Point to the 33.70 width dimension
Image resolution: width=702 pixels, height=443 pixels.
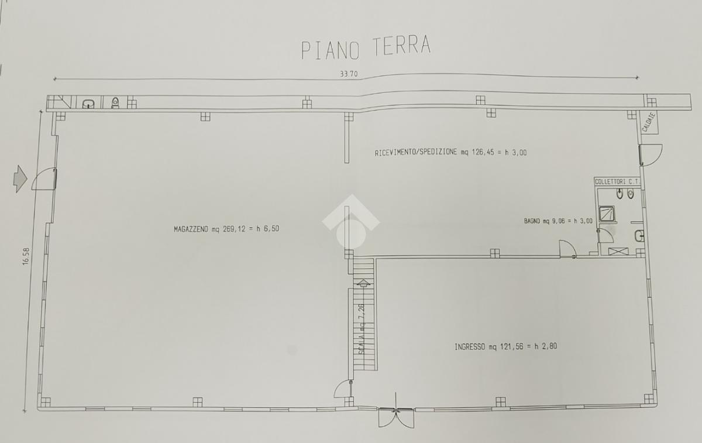coord(349,74)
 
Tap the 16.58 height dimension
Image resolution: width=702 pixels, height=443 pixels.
coord(26,256)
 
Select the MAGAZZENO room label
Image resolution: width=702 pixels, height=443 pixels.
coord(226,229)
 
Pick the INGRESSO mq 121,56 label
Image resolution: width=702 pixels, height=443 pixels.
coord(505,346)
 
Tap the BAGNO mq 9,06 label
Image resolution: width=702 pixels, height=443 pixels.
coord(558,221)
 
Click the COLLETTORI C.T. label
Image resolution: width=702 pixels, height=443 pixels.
coord(617,181)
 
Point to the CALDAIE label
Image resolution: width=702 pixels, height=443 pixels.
coord(648,122)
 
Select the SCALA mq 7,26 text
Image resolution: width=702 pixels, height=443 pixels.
coord(362,329)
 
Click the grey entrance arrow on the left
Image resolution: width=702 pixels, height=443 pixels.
coord(20,178)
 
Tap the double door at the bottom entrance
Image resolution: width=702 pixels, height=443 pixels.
coord(396,417)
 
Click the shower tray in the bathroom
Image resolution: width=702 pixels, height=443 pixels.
coord(607,214)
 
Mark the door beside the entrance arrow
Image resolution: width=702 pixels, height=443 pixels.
coord(44,178)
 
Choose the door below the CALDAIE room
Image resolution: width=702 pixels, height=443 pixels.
coord(651,154)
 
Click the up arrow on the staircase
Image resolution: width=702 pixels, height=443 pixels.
coord(363,283)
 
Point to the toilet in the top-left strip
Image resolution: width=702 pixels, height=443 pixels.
coord(115,102)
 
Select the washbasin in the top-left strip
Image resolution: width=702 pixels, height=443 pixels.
coord(88,104)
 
